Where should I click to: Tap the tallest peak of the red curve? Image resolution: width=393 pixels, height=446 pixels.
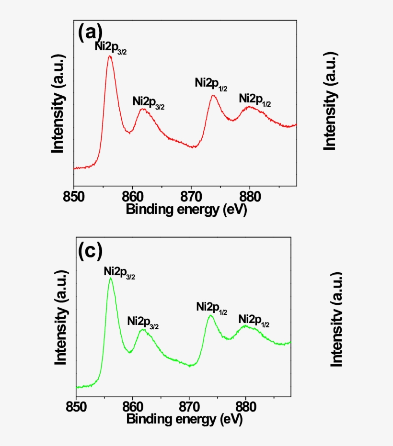(x=110, y=56)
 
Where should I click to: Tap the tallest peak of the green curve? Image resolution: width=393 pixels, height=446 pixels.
(x=111, y=278)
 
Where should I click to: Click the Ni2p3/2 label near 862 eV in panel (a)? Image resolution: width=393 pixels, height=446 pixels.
(x=149, y=102)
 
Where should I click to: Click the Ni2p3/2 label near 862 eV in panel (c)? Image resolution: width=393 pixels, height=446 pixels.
(x=143, y=322)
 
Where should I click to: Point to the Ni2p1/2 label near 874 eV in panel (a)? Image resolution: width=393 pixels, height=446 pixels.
(x=211, y=83)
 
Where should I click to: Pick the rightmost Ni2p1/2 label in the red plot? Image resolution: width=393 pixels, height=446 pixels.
(x=255, y=100)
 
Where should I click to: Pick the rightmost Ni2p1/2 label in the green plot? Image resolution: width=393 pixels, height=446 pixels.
(x=254, y=320)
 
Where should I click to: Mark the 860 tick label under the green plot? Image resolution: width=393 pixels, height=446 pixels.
(x=133, y=408)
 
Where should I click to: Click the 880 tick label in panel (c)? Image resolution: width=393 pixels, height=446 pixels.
(x=246, y=408)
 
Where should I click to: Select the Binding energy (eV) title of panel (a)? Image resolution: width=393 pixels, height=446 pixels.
(x=186, y=210)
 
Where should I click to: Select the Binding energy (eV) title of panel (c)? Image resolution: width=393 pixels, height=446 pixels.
(x=185, y=420)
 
